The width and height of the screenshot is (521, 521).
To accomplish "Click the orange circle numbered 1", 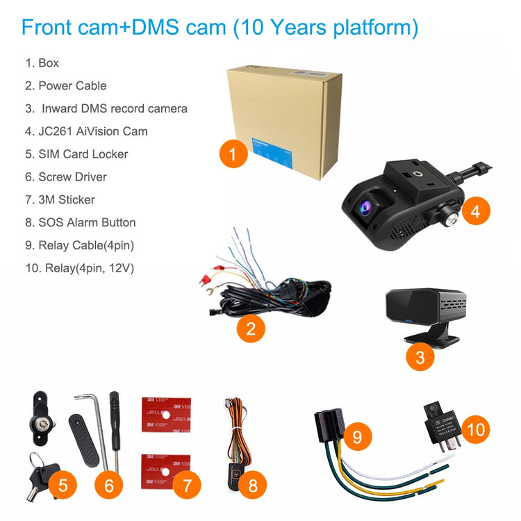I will [233, 154].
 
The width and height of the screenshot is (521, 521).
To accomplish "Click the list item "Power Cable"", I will [72, 85].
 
